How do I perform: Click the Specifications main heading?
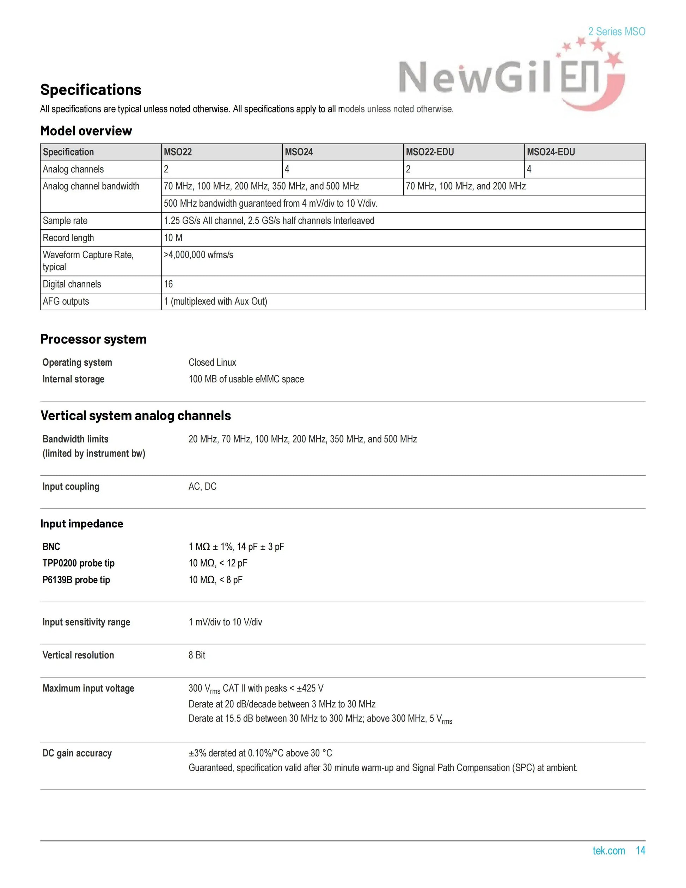tap(91, 90)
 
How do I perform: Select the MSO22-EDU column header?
tap(430, 152)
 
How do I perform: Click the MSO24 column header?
tap(299, 152)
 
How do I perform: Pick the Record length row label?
tap(68, 238)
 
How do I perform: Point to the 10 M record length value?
tap(173, 238)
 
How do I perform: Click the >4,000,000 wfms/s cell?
tap(198, 255)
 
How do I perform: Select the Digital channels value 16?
tap(168, 284)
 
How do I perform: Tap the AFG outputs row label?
tap(66, 301)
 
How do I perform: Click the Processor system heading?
tap(93, 339)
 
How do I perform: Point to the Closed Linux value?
tap(212, 362)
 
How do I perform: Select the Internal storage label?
tap(74, 379)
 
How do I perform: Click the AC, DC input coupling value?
tap(202, 486)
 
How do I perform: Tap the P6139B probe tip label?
tap(76, 580)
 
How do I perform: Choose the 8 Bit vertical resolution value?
tap(197, 655)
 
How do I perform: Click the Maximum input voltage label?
tap(88, 688)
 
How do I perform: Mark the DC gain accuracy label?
tap(77, 753)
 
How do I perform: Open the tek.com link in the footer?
tap(608, 851)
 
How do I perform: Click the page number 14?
tap(641, 851)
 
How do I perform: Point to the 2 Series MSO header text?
tap(617, 32)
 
